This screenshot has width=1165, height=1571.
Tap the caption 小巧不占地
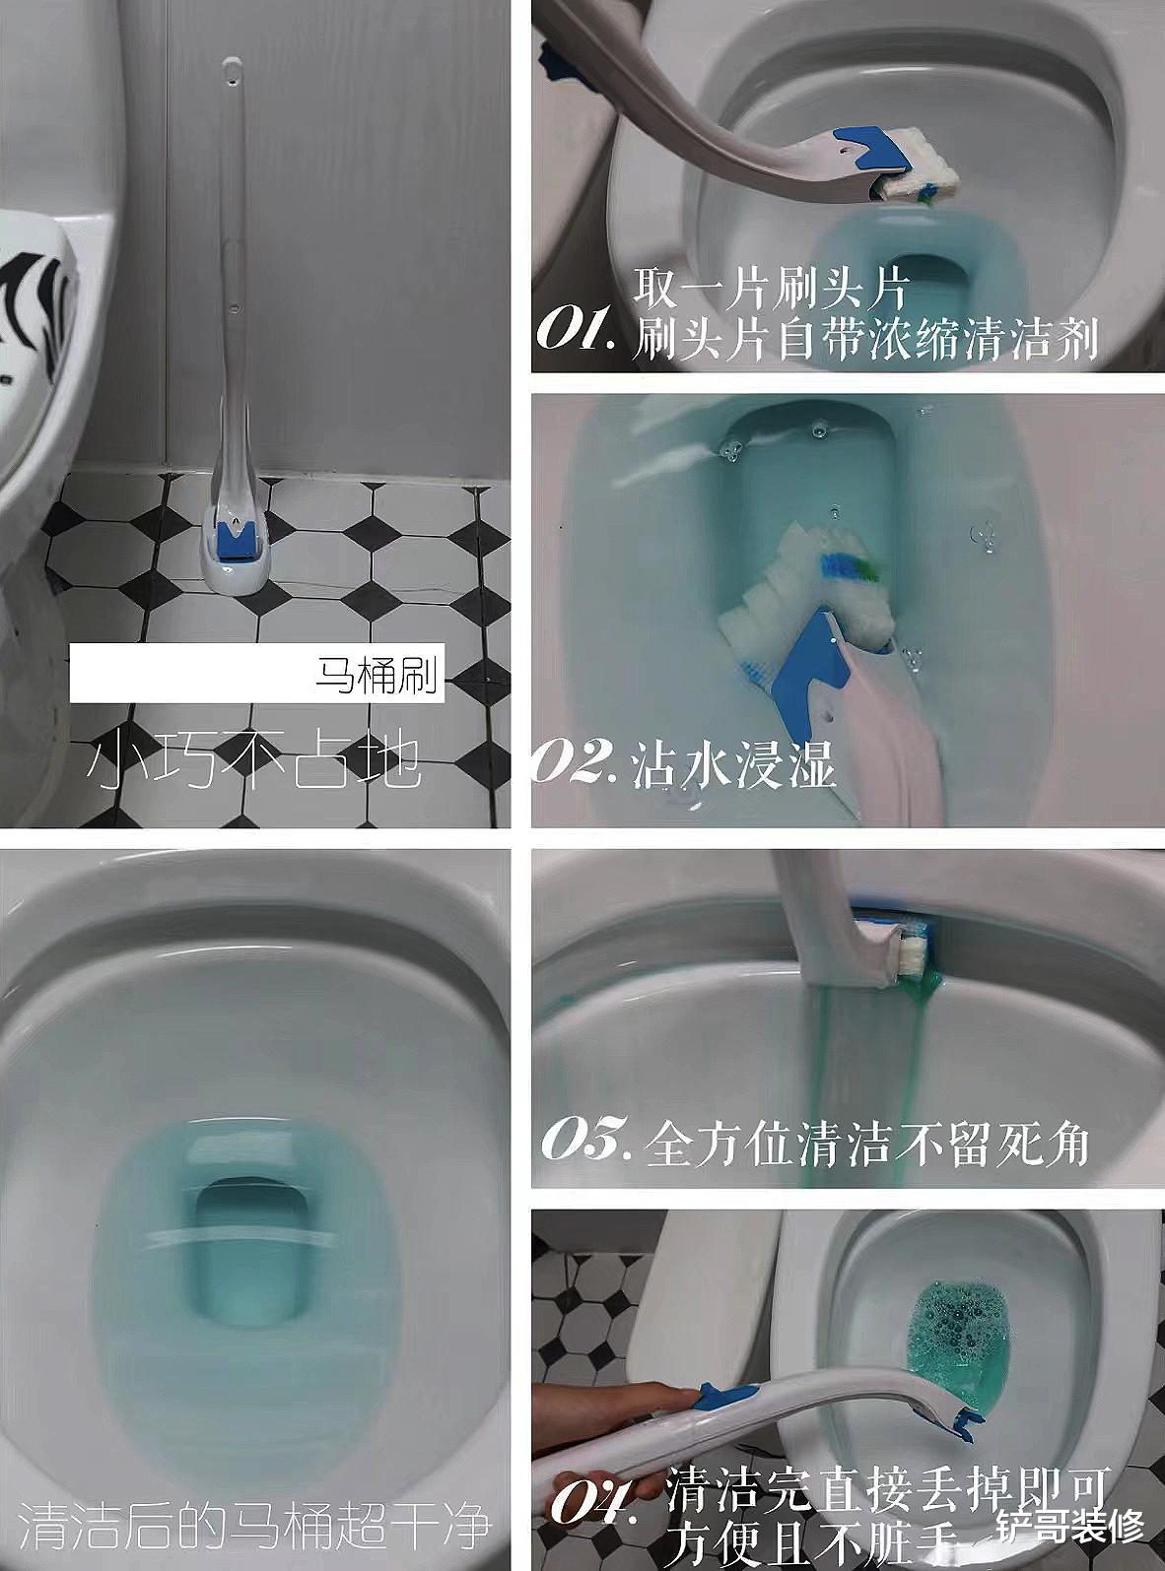254,762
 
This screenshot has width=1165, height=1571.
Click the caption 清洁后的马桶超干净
254,1524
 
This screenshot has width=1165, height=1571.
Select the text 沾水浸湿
734,763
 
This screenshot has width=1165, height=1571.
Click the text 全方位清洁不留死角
866,1145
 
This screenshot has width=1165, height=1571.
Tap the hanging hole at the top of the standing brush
230,70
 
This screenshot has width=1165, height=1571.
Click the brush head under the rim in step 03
912,946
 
